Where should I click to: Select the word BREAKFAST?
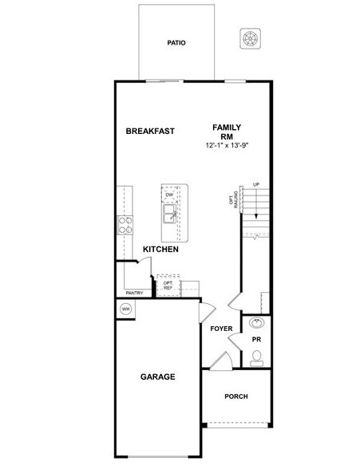point(150,131)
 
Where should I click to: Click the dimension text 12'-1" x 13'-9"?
point(227,146)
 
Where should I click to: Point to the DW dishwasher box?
point(169,195)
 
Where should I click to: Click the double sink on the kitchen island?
point(170,215)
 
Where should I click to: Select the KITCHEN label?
point(160,250)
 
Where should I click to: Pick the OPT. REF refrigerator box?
point(168,285)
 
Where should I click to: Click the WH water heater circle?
point(126,309)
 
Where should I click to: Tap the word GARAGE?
point(158,376)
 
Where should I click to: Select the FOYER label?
point(221,329)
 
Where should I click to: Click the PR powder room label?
point(257,339)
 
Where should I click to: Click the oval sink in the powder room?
point(256,323)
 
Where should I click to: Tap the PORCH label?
point(235,396)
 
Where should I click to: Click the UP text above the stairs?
point(256,185)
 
